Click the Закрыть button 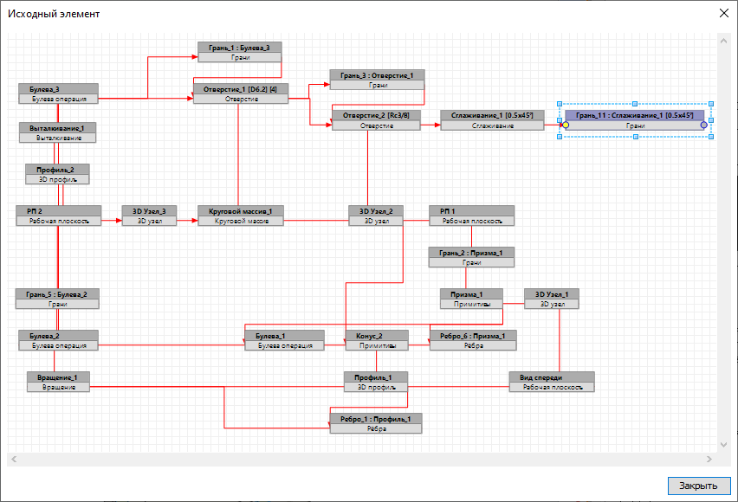click(698, 485)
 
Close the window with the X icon click(724, 13)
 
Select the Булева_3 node click(57, 93)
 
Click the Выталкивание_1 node click(57, 132)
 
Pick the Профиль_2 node click(57, 174)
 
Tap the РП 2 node click(58, 216)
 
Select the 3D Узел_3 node click(148, 216)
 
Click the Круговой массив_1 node click(240, 216)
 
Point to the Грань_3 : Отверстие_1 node click(377, 80)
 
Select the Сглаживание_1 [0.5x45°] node click(492, 120)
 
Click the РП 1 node click(471, 216)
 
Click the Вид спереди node click(552, 382)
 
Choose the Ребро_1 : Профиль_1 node click(375, 423)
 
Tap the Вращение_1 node click(57, 382)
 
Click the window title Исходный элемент click(54, 14)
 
